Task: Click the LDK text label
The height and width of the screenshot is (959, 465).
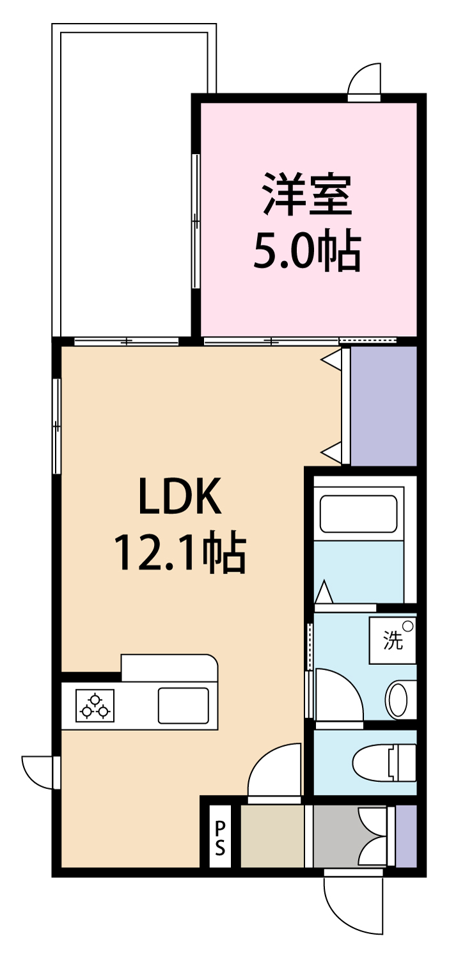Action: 180,496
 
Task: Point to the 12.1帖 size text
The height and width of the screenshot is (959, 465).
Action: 180,552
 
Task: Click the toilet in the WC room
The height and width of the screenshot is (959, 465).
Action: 384,762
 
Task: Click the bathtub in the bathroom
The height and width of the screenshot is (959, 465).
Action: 358,514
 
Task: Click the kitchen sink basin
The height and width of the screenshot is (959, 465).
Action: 184,706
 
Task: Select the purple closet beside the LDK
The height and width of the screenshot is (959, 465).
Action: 384,405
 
